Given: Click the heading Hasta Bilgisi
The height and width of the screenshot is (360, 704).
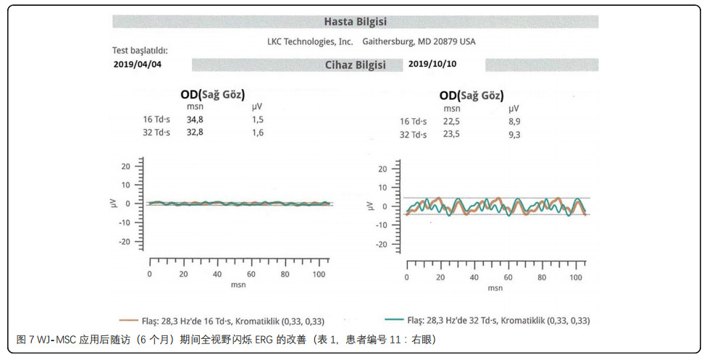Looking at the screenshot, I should point(355,22).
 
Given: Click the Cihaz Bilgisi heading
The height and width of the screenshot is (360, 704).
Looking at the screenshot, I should point(355,65).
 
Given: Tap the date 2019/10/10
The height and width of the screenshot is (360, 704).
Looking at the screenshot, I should point(432,64).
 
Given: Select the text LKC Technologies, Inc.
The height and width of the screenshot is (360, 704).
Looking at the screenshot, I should point(310,41).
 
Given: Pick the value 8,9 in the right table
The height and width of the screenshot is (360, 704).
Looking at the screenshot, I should point(514,121).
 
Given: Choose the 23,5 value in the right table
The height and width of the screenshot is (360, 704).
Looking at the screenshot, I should point(452,134).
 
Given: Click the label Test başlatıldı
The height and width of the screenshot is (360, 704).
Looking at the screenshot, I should point(140,51).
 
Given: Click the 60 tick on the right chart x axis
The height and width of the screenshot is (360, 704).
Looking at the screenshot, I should point(508,278).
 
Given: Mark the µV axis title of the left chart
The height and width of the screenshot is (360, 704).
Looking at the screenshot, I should point(109,204).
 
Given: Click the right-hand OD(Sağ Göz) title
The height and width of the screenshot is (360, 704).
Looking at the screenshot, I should point(471,96).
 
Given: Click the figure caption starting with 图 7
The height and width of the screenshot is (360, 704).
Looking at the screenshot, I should point(225,339).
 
